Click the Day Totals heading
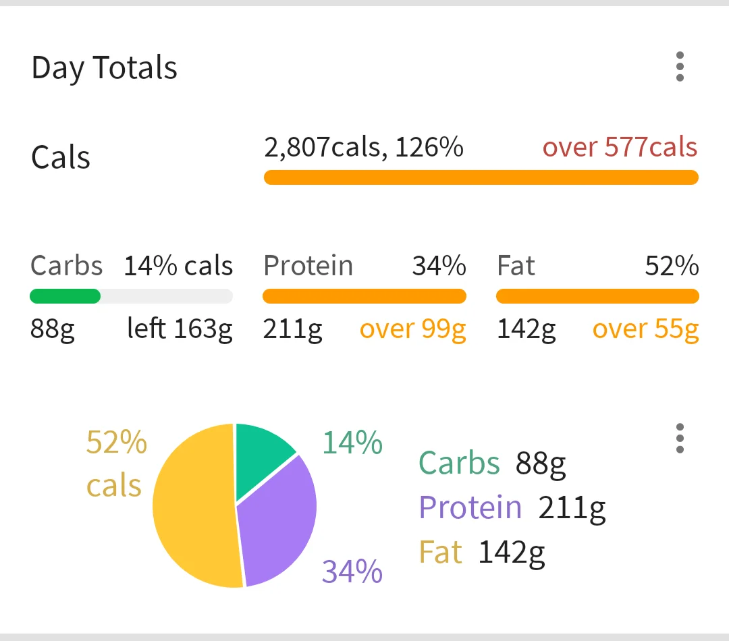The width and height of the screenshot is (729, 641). [104, 68]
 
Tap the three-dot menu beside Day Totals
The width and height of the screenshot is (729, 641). [680, 67]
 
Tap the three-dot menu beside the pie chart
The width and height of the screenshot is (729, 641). [680, 439]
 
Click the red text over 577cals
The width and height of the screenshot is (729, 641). [620, 147]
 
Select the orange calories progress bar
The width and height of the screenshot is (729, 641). [481, 177]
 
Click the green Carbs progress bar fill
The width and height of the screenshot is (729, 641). [65, 296]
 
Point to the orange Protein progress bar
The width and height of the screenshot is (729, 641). [364, 296]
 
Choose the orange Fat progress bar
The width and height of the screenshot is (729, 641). [597, 296]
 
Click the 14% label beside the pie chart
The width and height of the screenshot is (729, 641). [352, 443]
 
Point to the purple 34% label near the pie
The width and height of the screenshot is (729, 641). [352, 572]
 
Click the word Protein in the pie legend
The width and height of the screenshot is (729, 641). [470, 507]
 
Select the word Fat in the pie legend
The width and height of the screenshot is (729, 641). [440, 552]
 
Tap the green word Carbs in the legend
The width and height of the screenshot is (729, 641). [459, 463]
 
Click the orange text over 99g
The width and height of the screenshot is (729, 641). [412, 329]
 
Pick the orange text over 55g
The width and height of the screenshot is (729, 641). [645, 329]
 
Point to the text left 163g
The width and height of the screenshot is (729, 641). [180, 329]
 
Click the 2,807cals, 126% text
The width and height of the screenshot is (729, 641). [363, 147]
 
